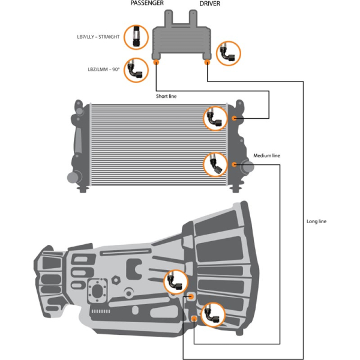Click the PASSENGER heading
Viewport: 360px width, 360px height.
147,3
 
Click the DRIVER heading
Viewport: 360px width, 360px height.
209,4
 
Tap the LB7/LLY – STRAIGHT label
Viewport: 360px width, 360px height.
98,37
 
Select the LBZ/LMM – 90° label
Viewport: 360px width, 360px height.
104,70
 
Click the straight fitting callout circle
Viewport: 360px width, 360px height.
136,37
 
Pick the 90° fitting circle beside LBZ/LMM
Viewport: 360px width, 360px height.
136,70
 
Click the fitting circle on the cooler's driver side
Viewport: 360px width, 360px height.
229,53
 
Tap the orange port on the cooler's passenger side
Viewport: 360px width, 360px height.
156,62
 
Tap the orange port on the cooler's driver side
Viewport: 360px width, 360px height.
207,62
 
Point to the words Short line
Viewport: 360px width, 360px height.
166,96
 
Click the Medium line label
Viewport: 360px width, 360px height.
266,155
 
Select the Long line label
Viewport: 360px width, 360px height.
316,221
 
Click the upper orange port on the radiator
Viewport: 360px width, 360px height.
234,118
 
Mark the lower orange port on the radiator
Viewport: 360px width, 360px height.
234,164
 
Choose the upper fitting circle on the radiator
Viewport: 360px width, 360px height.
215,119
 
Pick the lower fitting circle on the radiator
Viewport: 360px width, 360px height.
215,164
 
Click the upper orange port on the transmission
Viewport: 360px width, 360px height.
191,296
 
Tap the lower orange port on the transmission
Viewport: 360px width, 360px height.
194,319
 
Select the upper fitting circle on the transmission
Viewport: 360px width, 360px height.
176,282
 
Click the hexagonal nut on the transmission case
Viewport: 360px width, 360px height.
116,280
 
